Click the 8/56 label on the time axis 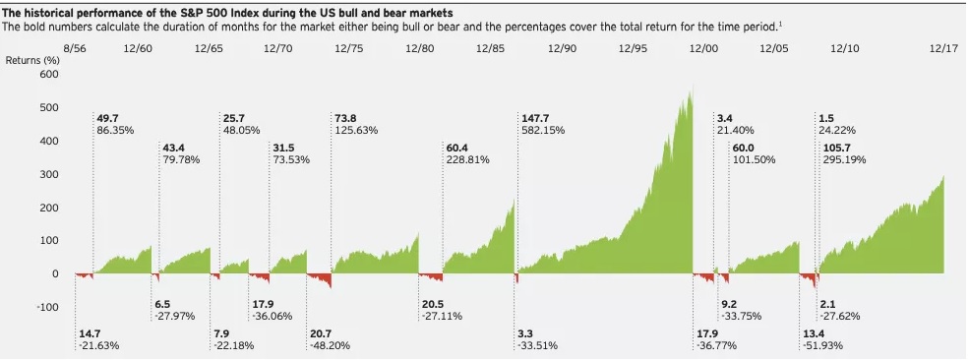75,47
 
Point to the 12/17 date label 943,47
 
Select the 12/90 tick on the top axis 562,47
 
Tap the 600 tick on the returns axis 49,75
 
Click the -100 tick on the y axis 46,308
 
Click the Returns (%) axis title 32,61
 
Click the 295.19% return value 843,159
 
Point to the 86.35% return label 114,130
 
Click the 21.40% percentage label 734,130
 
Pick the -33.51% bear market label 536,345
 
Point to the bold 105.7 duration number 836,148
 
